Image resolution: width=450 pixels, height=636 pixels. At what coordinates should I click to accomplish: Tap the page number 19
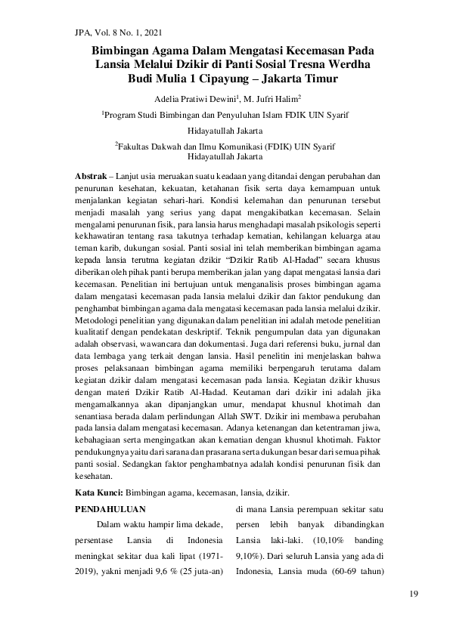point(413,594)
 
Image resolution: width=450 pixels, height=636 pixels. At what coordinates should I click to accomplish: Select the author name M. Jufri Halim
point(252,99)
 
